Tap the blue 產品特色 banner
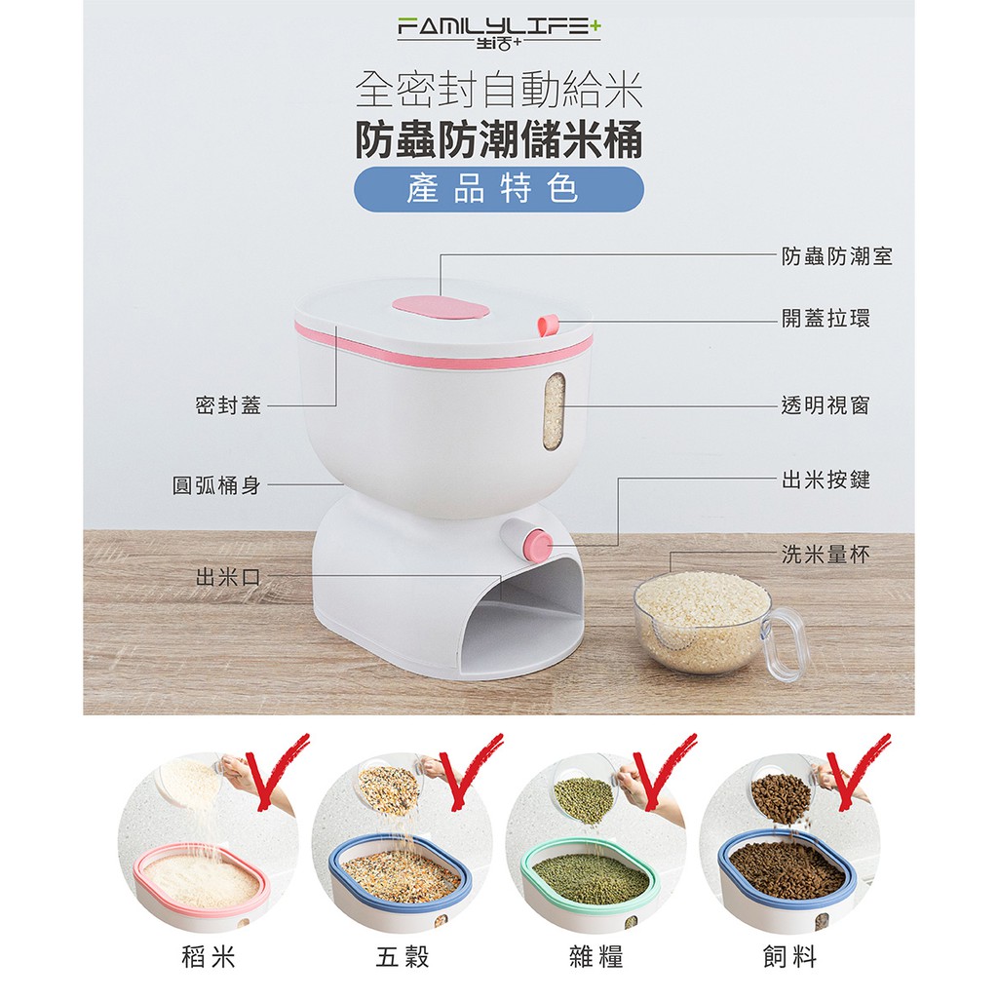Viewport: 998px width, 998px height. (499, 190)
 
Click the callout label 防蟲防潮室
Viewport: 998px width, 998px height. (837, 256)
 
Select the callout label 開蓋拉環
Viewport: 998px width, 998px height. (825, 319)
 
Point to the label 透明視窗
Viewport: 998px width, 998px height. (825, 404)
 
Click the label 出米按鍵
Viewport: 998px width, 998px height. (825, 480)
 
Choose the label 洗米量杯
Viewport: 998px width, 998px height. (825, 555)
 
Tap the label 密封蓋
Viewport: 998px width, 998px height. (228, 404)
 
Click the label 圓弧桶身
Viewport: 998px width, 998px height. (217, 485)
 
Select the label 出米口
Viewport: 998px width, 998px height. (228, 577)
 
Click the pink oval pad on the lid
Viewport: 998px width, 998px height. (441, 309)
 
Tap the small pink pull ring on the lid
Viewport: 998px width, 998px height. (548, 326)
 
